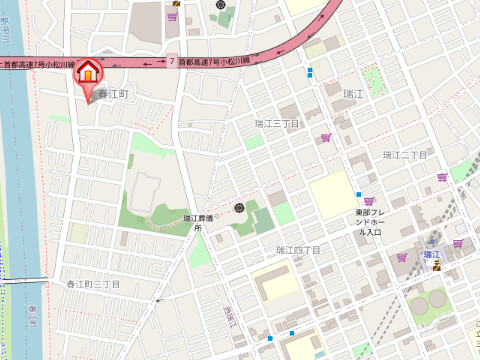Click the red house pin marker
pos(88,73)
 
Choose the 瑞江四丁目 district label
pos(298,249)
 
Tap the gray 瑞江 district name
pos(353,94)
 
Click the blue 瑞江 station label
pos(433,255)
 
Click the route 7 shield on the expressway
pos(172,61)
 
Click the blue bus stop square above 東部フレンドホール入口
pos(358,194)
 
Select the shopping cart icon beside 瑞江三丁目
pos(325,138)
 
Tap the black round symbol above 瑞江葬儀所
pos(239,208)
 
